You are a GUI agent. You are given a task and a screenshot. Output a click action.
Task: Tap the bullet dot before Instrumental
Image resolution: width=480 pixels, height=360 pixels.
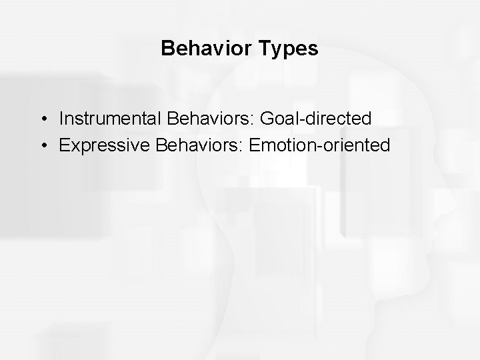click(42, 119)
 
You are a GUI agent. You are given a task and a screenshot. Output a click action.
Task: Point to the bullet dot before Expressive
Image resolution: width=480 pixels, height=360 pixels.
click(42, 145)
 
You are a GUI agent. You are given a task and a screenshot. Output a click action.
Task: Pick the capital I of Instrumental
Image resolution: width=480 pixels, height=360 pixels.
click(61, 119)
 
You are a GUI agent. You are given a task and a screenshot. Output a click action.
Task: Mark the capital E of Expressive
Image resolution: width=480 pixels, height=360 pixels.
click(64, 145)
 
